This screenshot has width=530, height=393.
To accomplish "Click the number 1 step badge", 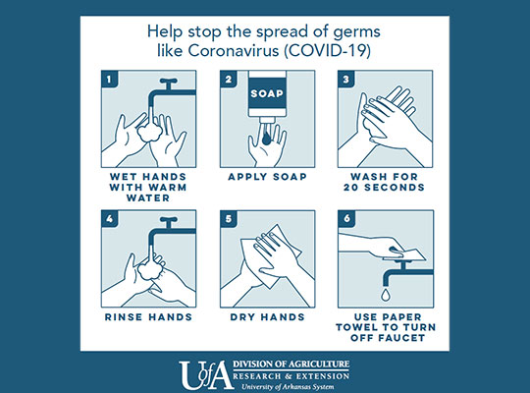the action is pos(110,79).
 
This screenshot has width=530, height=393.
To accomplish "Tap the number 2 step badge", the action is pos(229,79).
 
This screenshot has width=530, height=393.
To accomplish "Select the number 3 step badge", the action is pos(346,79).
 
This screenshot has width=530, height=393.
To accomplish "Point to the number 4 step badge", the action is pos(110,219).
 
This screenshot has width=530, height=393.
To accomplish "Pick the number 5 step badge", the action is pos(229,219).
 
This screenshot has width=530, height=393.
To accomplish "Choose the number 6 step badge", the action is pos(346,219).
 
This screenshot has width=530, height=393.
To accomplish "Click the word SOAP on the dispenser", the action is pos(267,93).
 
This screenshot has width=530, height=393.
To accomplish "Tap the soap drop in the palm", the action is pos(266,138).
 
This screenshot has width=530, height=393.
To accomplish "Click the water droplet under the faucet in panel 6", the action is pos(386,294).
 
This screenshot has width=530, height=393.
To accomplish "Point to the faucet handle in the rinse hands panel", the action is pos(169,222).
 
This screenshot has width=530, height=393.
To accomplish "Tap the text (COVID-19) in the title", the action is pos(327,51).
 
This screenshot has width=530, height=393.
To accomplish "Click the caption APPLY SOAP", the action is pos(267,177).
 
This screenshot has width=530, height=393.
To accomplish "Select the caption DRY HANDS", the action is pos(267,317).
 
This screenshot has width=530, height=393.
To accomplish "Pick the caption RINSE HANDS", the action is pos(148,317).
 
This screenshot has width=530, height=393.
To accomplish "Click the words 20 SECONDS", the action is pos(384,188).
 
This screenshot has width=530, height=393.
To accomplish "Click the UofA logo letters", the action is pos(206,374).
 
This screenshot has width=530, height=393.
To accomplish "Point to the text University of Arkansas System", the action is pos(288,386).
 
